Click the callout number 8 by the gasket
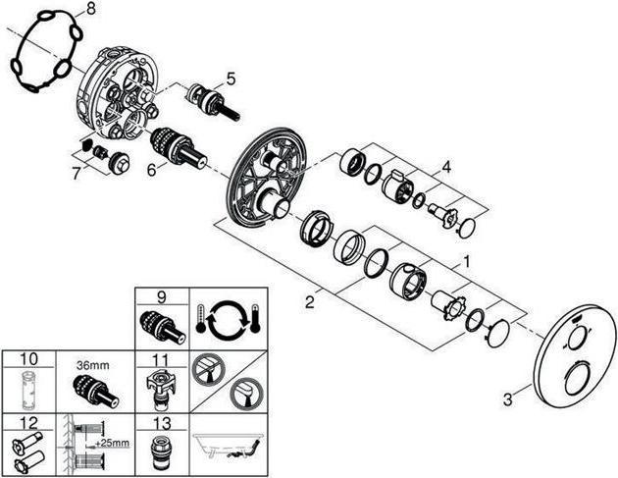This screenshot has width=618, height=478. click(91, 9)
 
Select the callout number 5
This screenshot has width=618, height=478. click(231, 79)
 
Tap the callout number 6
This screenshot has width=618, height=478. click(152, 171)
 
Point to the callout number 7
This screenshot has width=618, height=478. click(77, 173)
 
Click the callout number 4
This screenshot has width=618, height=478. click(445, 167)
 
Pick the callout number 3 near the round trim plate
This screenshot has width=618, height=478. click(508, 399)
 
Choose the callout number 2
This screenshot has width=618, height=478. click(310, 303)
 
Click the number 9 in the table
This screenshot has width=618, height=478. click(162, 297)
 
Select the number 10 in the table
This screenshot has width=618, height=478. click(29, 359)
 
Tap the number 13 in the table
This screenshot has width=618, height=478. click(162, 423)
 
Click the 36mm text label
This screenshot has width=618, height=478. click(93, 365)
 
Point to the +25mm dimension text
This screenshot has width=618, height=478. click(112, 443)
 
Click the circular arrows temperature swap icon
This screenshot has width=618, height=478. click(229, 319)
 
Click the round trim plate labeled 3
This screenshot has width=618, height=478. click(574, 354)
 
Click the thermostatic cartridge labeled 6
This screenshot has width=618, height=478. click(180, 150)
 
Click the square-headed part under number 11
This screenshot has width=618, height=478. click(162, 390)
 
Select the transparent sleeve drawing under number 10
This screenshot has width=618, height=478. click(28, 390)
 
